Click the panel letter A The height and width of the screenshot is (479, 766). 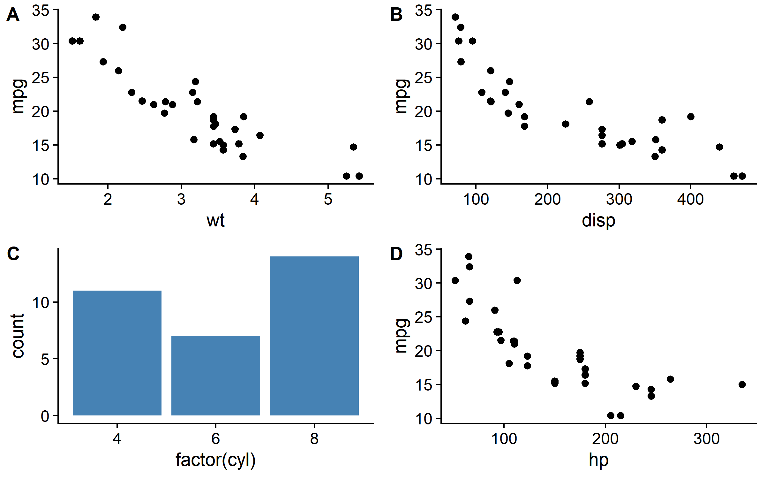13,15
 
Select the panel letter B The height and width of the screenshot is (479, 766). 396,15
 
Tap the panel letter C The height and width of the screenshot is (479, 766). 13,254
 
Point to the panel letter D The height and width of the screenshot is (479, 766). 396,254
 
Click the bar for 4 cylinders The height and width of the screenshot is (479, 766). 117,353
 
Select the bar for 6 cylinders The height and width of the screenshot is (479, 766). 216,376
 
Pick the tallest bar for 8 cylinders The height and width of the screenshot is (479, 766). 314,336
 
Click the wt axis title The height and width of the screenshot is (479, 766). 215,220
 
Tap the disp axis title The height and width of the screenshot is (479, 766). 598,220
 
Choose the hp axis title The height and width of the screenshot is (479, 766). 598,460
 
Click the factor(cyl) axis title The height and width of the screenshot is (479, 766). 215,460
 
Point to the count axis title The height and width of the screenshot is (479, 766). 18,336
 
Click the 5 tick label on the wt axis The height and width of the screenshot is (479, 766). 328,199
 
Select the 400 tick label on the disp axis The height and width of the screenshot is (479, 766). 690,199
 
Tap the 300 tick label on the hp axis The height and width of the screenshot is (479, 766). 706,439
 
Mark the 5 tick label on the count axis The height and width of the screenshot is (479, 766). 45,359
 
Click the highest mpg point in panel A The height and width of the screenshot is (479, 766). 96,17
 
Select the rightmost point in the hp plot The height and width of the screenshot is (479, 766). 742,384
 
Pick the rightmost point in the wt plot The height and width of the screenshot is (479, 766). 359,176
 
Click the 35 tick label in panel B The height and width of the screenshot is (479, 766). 424,11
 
